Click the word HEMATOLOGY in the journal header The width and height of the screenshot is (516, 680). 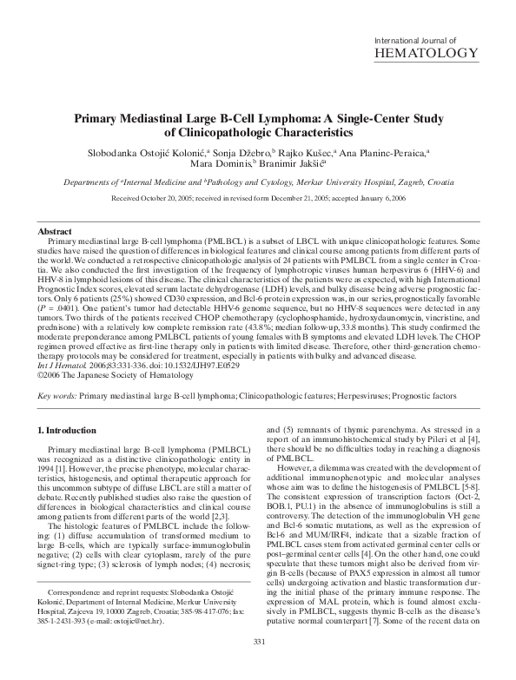click(x=426, y=54)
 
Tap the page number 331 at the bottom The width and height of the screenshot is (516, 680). click(x=257, y=666)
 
